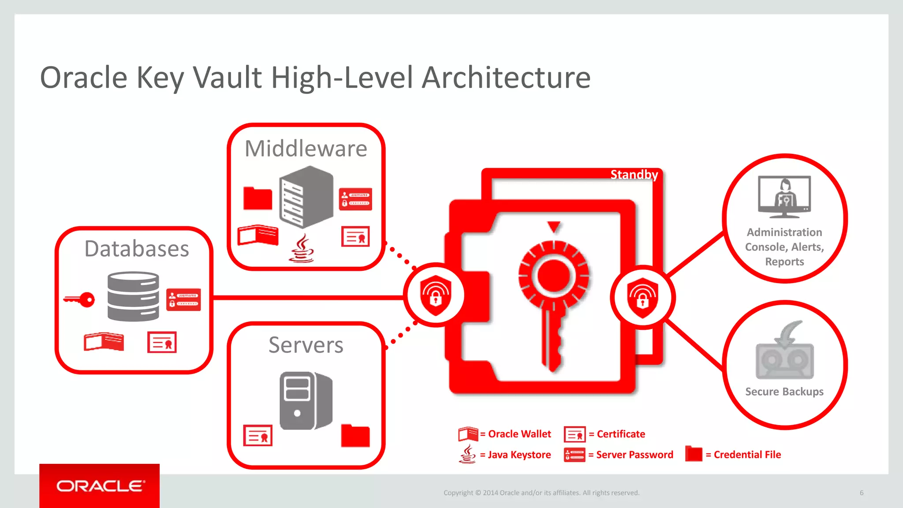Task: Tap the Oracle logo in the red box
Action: [100, 486]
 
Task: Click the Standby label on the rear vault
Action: [634, 175]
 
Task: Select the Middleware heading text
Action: [306, 149]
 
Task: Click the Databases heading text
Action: [137, 249]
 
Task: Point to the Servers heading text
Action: [306, 345]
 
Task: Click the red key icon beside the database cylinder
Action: [80, 300]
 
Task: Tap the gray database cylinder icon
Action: [133, 296]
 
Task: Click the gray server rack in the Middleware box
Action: [306, 197]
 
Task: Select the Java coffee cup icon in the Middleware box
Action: [302, 249]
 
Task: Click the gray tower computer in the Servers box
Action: [305, 400]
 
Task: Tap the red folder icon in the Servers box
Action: [355, 436]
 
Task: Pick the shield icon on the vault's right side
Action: [642, 298]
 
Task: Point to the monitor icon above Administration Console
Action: [784, 197]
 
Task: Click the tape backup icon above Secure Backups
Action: [784, 351]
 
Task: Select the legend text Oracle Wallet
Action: [519, 434]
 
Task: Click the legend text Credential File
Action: [747, 455]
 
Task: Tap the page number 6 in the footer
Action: [861, 493]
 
